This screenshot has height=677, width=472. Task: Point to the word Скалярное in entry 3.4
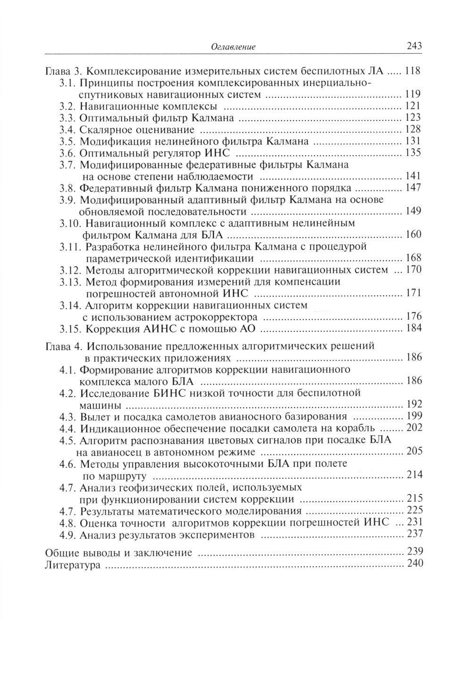102,130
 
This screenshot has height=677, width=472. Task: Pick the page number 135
413,153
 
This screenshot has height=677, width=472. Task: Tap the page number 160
413,234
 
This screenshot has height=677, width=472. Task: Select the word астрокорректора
220,317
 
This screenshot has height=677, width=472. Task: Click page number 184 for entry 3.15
413,328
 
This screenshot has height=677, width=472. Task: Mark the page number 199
413,416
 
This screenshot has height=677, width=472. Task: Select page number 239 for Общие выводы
413,552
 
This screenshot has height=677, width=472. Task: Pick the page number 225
413,510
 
